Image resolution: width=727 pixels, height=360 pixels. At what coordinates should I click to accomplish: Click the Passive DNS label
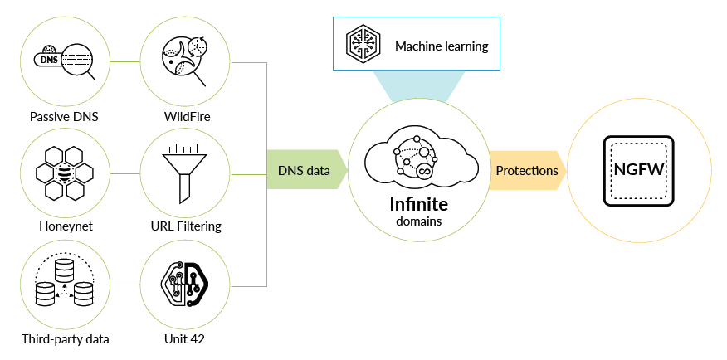[x=64, y=116]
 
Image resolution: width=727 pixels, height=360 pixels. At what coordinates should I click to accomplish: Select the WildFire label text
[x=187, y=116]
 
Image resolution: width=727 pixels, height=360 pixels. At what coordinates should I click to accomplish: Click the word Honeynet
[x=64, y=226]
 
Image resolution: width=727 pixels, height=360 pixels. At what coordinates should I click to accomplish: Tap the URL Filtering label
[x=187, y=226]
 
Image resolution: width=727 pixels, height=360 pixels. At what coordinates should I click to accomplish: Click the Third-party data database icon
[x=64, y=284]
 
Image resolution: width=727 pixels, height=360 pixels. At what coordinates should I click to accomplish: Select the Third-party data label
[x=65, y=338]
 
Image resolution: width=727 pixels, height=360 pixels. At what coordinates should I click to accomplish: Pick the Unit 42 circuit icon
[x=186, y=284]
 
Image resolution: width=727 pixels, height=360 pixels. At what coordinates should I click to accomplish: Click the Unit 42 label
[x=187, y=338]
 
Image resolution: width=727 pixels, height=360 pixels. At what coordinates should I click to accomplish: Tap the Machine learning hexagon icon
[x=363, y=44]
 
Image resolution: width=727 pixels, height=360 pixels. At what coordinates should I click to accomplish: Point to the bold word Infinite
[x=419, y=203]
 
